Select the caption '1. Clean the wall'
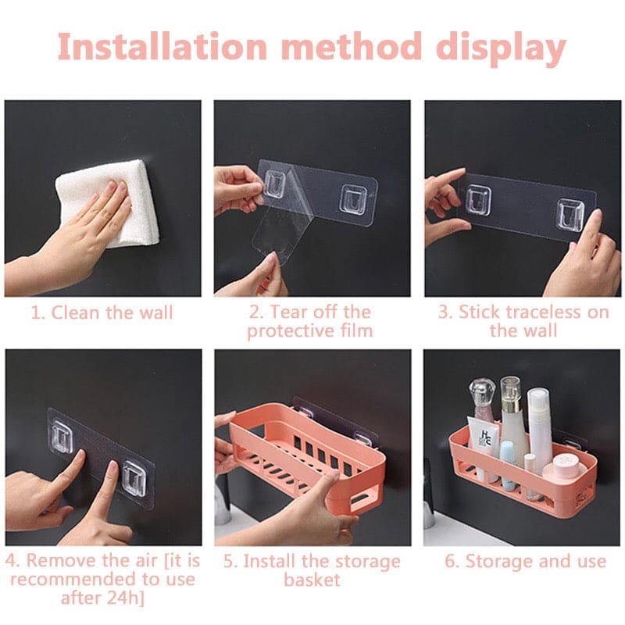[102, 313]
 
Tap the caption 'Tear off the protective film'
[310, 321]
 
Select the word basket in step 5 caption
[312, 580]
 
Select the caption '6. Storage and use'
[524, 562]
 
